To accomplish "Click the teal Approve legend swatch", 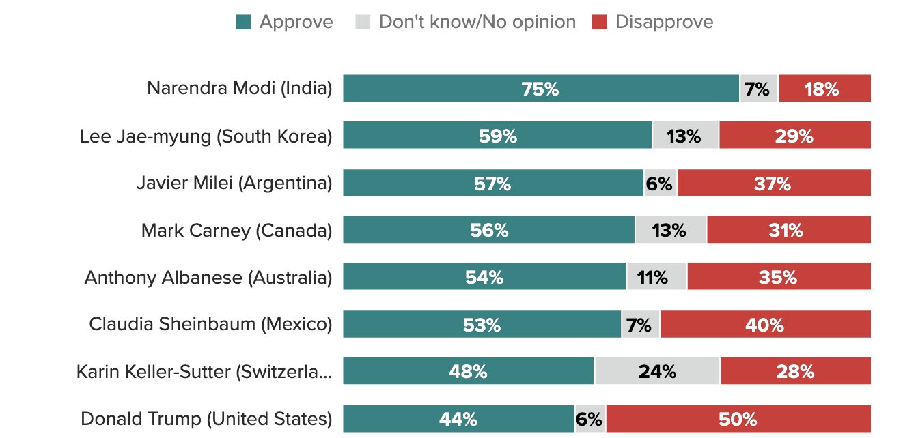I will [243, 23].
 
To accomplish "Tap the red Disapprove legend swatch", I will [599, 23].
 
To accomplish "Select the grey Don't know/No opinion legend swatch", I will [363, 23].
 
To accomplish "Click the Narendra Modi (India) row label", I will [239, 89].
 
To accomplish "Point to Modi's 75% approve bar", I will [541, 89].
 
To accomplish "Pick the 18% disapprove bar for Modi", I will [824, 89].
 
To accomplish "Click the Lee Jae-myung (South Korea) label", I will [206, 136].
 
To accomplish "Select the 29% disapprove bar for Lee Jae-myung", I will [795, 136].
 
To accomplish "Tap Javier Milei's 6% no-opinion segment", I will [660, 184].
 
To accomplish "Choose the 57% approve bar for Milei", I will [492, 184].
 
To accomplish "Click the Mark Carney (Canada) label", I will [236, 231].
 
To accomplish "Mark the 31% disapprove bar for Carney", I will [789, 231].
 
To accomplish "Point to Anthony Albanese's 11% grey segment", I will [656, 278].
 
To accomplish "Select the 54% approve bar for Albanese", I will [484, 278].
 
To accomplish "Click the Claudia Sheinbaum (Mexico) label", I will [210, 325].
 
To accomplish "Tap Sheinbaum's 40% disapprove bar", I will [765, 325].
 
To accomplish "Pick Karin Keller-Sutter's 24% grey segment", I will [657, 372].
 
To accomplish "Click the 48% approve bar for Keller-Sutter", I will [468, 372].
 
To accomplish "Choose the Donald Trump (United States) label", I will [206, 419].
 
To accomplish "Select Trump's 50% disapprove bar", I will [738, 419].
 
